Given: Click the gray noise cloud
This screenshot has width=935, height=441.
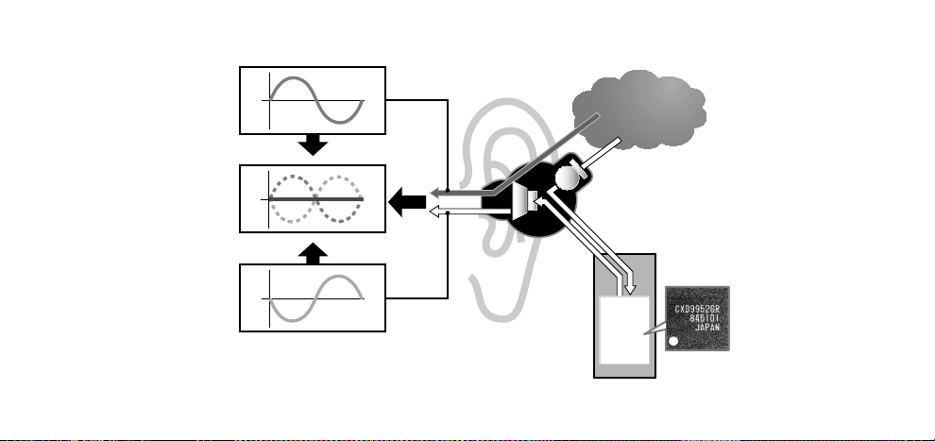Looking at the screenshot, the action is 639,110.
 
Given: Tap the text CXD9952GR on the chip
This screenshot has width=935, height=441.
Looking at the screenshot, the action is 697,310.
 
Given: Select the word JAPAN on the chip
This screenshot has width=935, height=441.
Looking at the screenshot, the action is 707,327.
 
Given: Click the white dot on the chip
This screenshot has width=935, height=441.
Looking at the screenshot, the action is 673,342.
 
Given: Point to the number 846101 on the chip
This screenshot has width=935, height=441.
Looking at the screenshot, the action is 705,318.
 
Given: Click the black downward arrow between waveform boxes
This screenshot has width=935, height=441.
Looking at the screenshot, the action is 313,144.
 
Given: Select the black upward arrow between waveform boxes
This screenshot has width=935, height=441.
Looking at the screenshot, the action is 313,253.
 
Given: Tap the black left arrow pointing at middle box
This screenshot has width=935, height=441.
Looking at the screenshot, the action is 407,202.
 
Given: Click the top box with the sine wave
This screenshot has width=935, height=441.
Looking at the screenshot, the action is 313,100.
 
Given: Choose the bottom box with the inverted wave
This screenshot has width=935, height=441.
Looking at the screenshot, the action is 313,297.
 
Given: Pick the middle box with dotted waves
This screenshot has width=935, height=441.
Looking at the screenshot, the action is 313,198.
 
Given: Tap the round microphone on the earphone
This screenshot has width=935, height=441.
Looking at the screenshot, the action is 567,177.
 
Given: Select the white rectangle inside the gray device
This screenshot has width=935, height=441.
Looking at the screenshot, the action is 624,330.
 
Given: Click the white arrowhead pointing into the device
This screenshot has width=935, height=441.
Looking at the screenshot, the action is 628,290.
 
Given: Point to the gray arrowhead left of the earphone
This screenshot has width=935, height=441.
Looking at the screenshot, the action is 436,193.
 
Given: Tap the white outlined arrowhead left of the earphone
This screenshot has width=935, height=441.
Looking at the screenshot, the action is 436,211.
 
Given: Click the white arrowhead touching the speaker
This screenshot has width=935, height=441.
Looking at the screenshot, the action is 539,202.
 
